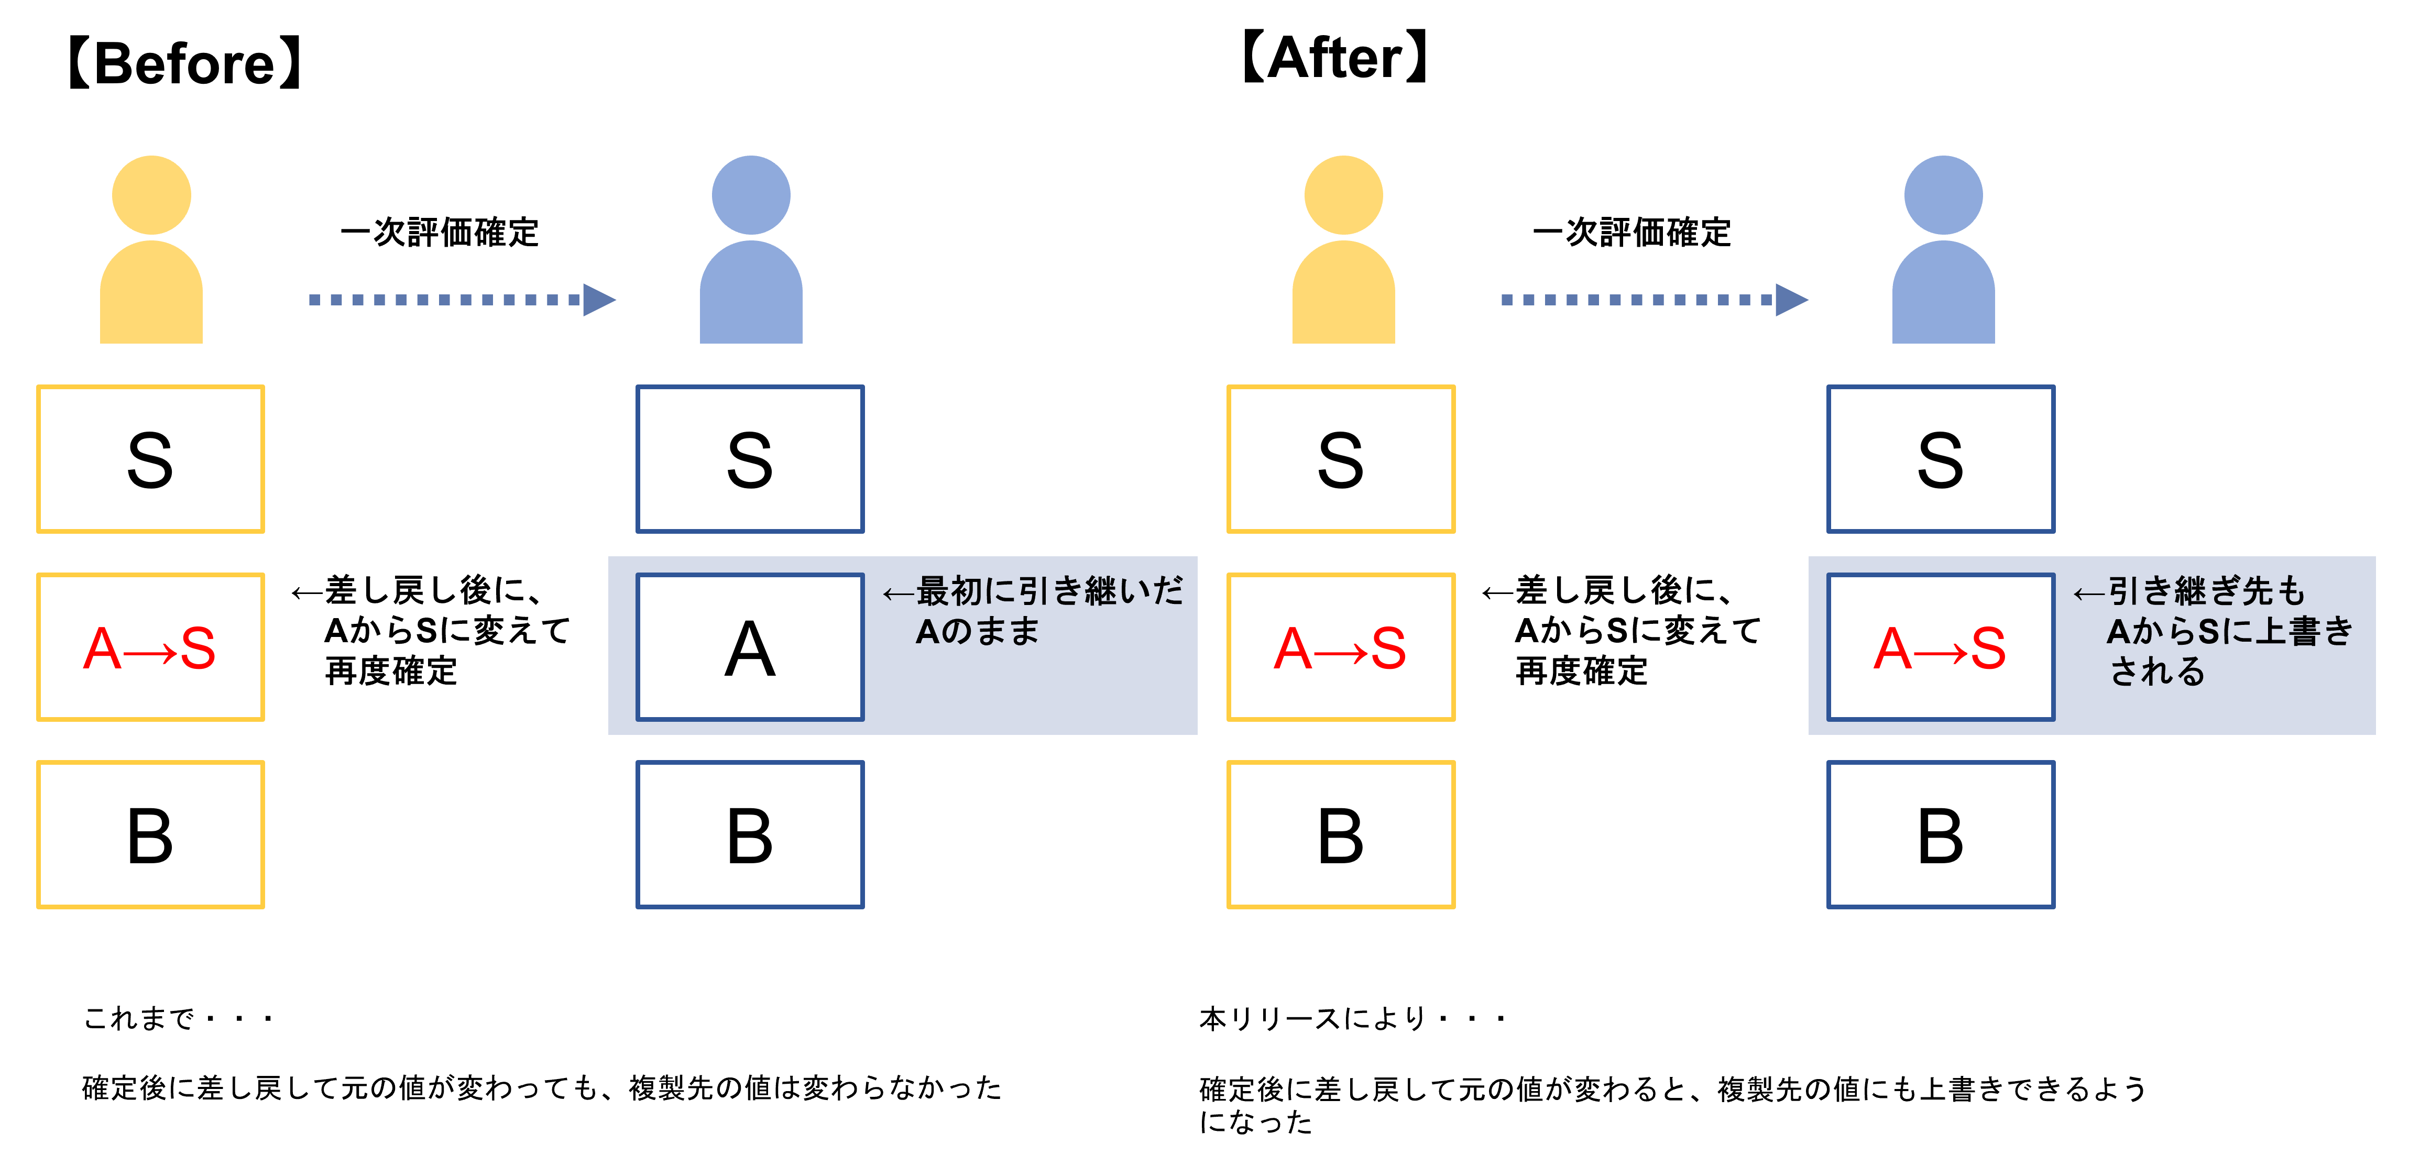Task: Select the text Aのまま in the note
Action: click(x=977, y=631)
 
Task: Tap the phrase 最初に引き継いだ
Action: click(x=1049, y=591)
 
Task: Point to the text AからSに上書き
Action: click(x=2229, y=631)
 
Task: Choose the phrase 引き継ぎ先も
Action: click(x=2206, y=591)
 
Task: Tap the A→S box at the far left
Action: click(x=150, y=647)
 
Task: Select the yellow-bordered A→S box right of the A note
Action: click(x=1341, y=647)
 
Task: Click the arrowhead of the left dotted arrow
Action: click(x=598, y=300)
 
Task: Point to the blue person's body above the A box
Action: click(x=751, y=294)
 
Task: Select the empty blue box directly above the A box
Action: click(x=750, y=459)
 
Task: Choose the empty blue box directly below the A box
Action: click(x=750, y=834)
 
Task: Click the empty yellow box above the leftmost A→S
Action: click(x=150, y=459)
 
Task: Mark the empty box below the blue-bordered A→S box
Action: click(x=1941, y=834)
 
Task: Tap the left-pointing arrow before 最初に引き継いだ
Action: click(x=898, y=593)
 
